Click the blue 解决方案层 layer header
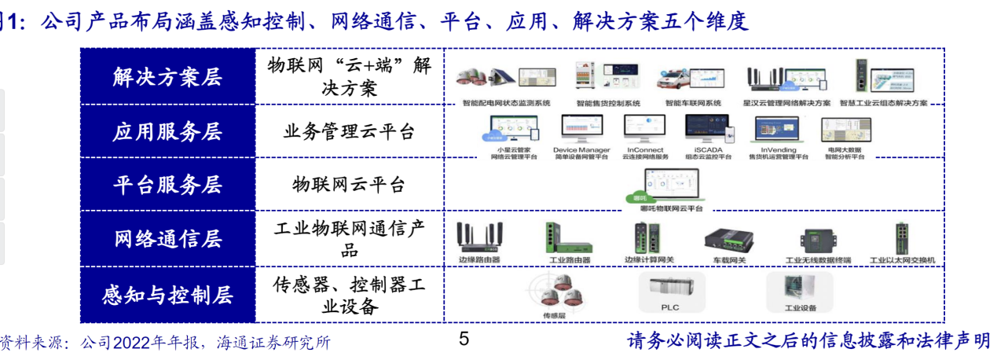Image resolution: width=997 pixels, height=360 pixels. tap(167, 77)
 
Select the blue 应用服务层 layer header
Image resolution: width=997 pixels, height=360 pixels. tap(167, 131)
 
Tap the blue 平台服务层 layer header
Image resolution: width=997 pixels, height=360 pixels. tap(167, 185)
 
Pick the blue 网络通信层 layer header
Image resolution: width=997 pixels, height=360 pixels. tap(167, 239)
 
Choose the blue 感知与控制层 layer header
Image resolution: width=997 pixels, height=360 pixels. tap(167, 295)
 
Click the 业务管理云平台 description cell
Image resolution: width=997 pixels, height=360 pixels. tap(349, 131)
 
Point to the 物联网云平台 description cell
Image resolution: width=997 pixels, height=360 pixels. tap(349, 185)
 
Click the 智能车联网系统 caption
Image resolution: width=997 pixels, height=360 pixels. tap(693, 103)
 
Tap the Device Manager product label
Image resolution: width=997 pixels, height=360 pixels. tap(581, 149)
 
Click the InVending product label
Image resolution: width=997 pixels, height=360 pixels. tap(778, 149)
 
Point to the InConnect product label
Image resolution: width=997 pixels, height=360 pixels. tap(645, 149)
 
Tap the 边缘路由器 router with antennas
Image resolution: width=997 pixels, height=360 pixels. tap(479, 236)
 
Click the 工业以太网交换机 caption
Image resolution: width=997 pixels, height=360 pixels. tap(902, 259)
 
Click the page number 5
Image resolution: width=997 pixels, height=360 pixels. tap(464, 340)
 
